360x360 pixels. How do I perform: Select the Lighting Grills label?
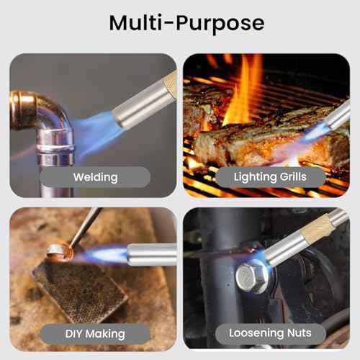270,177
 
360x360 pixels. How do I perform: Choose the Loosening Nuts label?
270,333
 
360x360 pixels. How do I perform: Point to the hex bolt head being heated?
252,276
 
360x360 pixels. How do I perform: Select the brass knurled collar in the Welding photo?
170,84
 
